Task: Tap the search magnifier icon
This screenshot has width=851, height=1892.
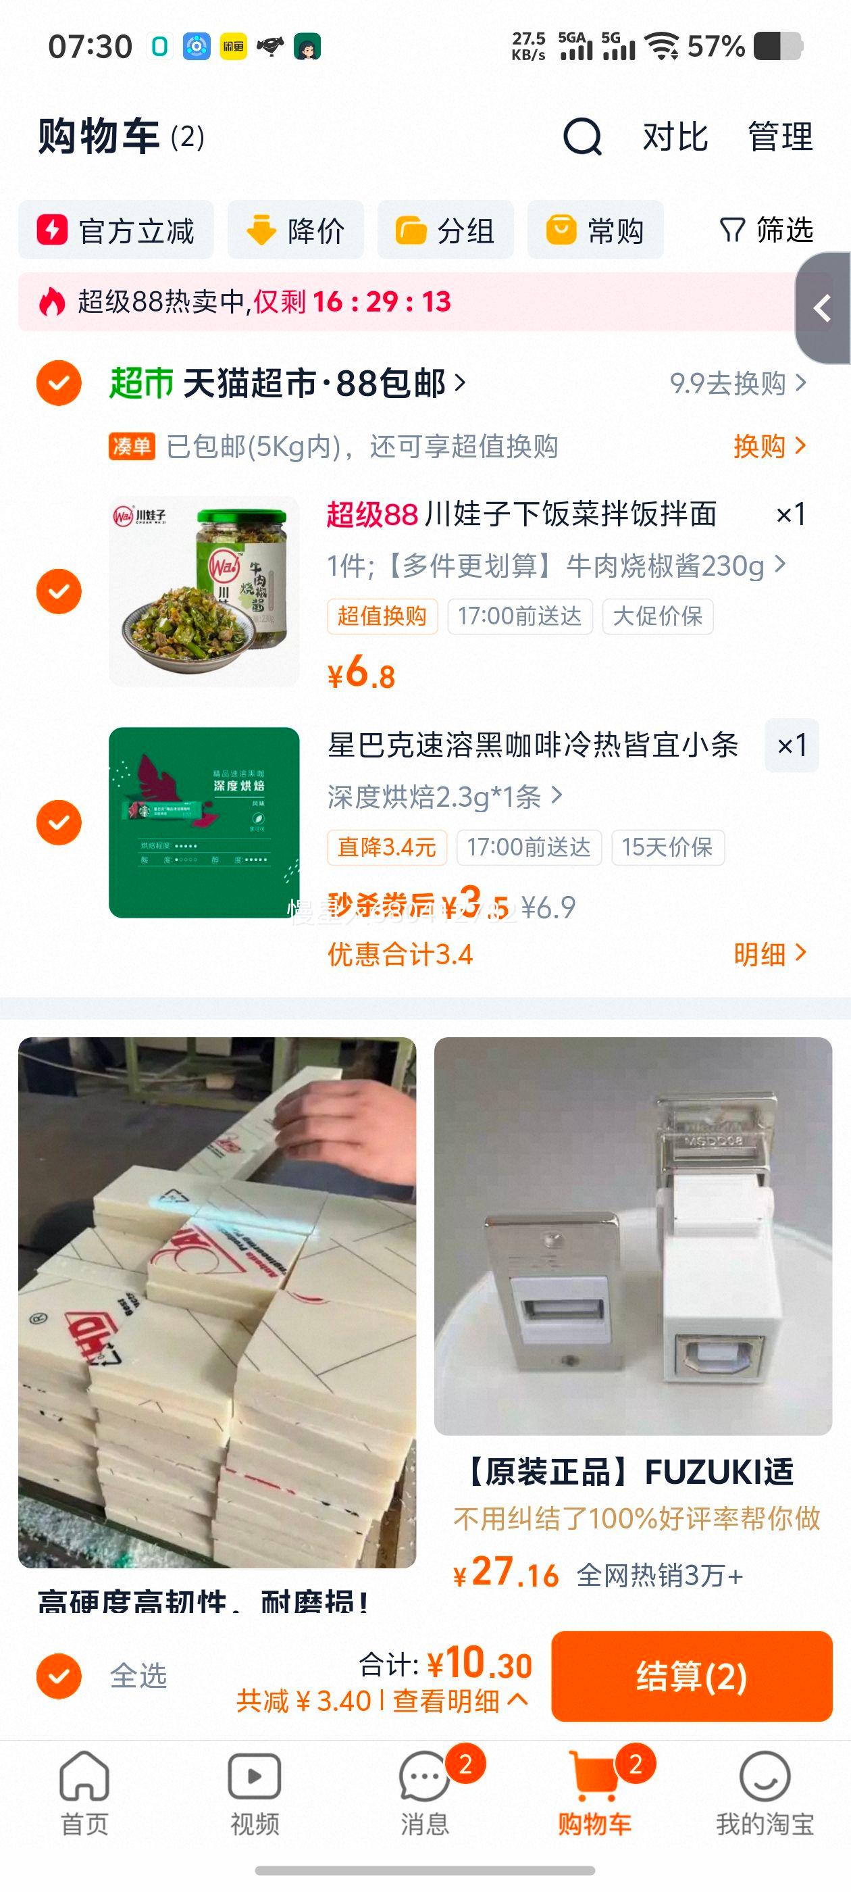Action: click(x=582, y=136)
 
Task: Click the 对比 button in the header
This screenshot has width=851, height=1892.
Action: click(x=675, y=136)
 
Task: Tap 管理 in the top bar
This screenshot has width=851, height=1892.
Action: click(x=780, y=136)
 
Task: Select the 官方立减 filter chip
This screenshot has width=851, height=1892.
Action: click(x=116, y=230)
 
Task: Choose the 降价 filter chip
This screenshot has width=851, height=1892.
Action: click(x=295, y=230)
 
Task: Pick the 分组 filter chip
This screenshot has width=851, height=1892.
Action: click(x=445, y=230)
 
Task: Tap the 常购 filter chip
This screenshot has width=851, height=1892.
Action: click(x=595, y=230)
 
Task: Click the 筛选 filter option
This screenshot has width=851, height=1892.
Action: click(x=767, y=230)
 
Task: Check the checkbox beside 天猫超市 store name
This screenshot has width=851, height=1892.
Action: click(x=59, y=383)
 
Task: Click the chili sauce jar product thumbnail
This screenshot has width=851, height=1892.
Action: click(x=204, y=591)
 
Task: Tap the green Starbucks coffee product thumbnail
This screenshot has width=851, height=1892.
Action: click(x=204, y=822)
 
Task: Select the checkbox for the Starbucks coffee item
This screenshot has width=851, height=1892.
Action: click(x=59, y=822)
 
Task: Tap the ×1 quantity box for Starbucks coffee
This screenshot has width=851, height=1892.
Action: click(x=792, y=745)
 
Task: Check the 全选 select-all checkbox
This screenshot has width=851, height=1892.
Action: click(x=59, y=1676)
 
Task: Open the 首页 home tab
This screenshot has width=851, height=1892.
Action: click(x=84, y=1792)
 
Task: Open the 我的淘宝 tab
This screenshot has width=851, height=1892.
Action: click(x=765, y=1792)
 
